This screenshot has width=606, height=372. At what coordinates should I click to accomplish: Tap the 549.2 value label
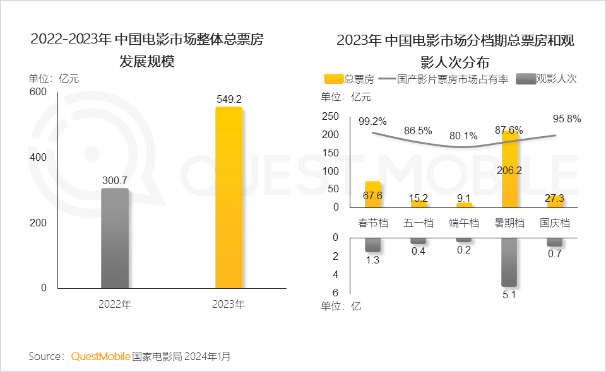[229, 99]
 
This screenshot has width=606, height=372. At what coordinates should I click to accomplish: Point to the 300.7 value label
[115, 180]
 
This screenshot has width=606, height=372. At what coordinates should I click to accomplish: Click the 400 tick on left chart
[39, 157]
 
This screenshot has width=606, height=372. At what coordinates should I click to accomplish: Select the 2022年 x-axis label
[115, 304]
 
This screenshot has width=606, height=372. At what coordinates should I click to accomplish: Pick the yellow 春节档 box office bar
[372, 194]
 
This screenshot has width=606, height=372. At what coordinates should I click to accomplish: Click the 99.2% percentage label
[372, 121]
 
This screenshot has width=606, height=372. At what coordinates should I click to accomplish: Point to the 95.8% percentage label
[566, 119]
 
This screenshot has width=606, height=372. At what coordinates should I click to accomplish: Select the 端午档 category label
[464, 223]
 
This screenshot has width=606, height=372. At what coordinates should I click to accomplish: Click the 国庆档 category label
[555, 223]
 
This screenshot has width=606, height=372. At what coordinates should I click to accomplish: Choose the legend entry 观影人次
[547, 79]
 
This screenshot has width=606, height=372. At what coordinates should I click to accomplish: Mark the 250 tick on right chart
[331, 116]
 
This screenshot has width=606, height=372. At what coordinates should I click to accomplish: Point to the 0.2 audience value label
[464, 250]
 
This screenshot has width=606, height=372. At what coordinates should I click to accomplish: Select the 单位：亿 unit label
[342, 306]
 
